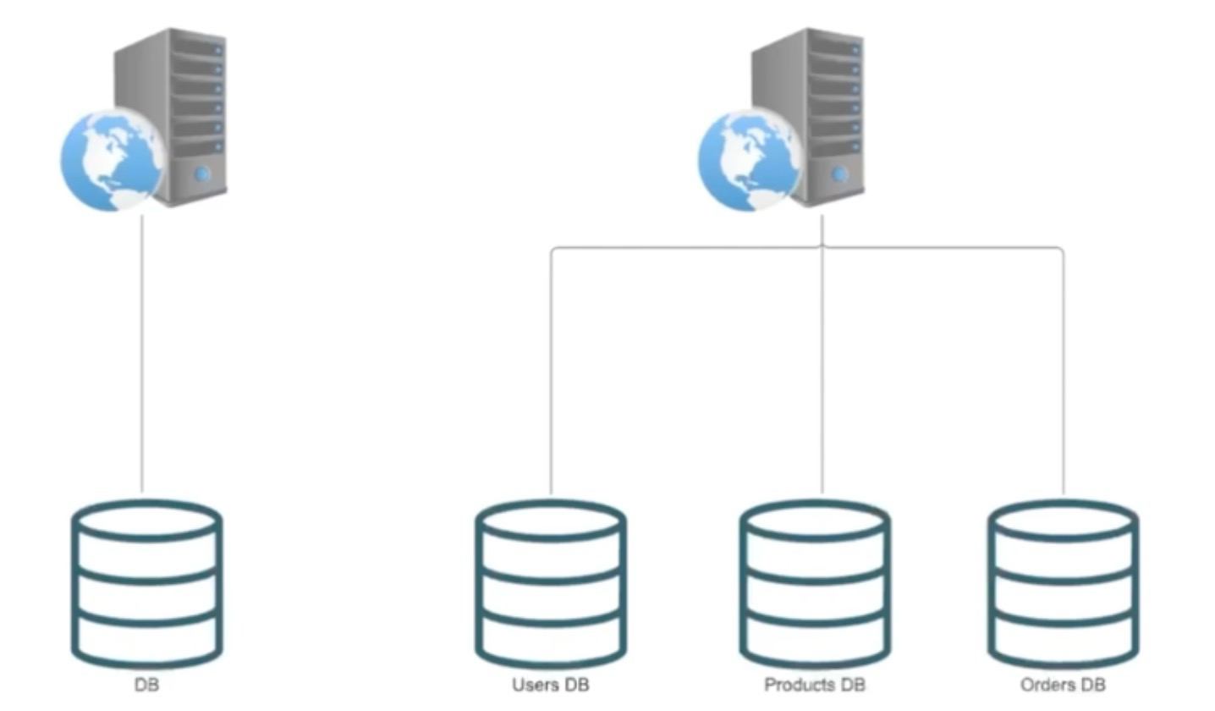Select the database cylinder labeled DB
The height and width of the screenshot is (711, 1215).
146,583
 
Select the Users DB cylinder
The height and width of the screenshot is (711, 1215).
551,583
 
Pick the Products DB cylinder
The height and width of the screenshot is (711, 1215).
816,583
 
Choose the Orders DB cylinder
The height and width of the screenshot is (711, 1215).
1064,583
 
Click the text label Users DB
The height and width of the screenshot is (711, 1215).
551,685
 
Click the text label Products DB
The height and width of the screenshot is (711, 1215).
815,685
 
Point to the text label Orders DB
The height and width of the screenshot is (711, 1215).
1063,685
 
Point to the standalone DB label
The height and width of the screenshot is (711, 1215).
146,685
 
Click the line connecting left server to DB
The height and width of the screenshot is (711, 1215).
142,355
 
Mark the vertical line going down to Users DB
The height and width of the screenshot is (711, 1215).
551,372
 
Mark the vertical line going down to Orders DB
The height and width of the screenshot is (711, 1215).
1064,372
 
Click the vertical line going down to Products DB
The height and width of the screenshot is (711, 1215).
822,372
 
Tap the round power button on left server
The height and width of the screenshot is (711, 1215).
202,174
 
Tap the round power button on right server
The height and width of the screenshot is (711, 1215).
839,174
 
